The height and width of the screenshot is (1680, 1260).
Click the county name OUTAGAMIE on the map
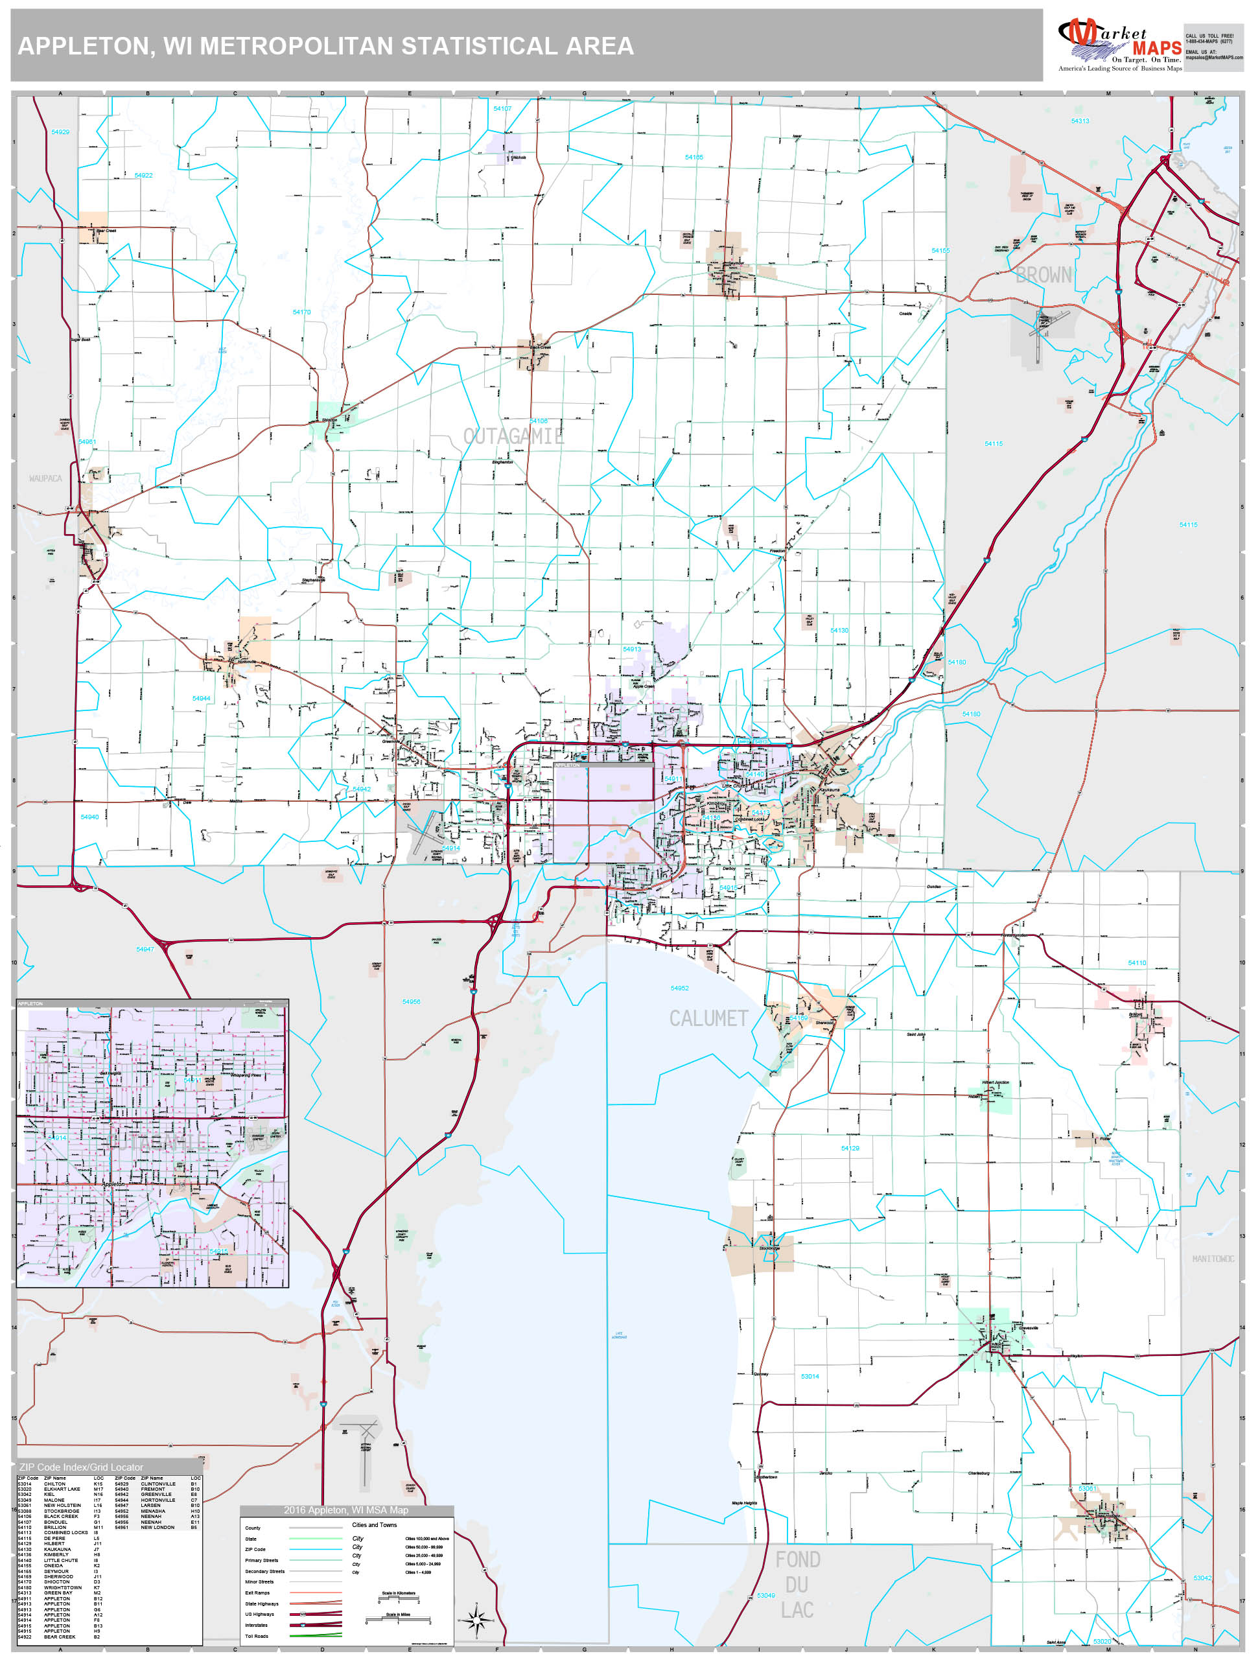[x=513, y=436]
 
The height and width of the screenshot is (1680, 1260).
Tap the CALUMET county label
[x=708, y=1018]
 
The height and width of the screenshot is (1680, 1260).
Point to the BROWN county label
[x=1044, y=275]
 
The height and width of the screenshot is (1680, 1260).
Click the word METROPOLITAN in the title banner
[x=297, y=46]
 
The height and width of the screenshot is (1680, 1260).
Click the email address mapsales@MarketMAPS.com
[x=1214, y=58]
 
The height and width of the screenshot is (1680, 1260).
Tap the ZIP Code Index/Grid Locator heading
[x=81, y=1467]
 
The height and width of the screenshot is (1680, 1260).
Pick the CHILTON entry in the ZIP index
[x=54, y=1484]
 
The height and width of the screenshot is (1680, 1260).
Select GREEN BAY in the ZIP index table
[x=58, y=1592]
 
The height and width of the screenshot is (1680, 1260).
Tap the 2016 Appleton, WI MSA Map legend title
[x=345, y=1510]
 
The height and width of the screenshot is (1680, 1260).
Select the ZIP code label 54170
[x=301, y=312]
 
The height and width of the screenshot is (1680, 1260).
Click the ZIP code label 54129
[x=850, y=1148]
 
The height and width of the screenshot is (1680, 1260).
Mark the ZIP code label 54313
[x=1079, y=121]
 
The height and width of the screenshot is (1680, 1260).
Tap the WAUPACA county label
[x=45, y=478]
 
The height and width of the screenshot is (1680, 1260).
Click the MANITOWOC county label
[x=1212, y=1259]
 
